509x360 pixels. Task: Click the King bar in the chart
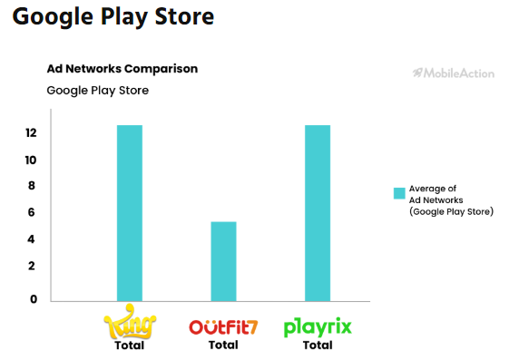[x=130, y=213]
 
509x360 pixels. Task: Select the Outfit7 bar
[x=223, y=261]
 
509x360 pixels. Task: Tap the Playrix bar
[x=318, y=213]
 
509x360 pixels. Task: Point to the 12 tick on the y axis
[x=31, y=133]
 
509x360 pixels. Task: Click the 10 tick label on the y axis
[x=31, y=161]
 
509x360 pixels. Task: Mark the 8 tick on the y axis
[x=32, y=186]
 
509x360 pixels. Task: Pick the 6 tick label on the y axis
[x=32, y=212]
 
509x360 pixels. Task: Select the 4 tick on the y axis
[x=32, y=239]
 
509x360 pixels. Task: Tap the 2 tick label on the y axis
[x=32, y=266]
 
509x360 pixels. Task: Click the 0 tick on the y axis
[x=32, y=299]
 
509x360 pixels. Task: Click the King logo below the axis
[x=129, y=325]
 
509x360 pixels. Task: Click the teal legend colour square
[x=398, y=193]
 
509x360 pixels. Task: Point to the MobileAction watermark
[x=453, y=72]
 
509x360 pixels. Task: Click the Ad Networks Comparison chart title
[x=122, y=69]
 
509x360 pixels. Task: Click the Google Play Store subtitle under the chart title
[x=98, y=90]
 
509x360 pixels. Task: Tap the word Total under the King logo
[x=129, y=345]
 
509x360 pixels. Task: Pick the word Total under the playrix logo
[x=318, y=345]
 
